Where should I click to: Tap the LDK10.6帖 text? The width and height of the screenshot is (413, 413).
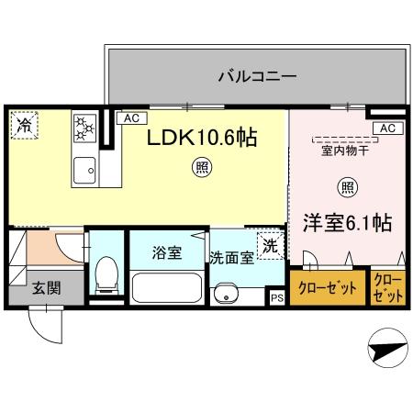pos(203,139)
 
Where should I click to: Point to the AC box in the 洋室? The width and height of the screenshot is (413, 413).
pos(386,128)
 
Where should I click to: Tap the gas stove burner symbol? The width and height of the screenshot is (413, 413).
pos(85,128)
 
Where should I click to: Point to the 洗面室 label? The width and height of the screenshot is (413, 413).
pos(232,258)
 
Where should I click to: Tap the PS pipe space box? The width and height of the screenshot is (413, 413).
pos(276,297)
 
